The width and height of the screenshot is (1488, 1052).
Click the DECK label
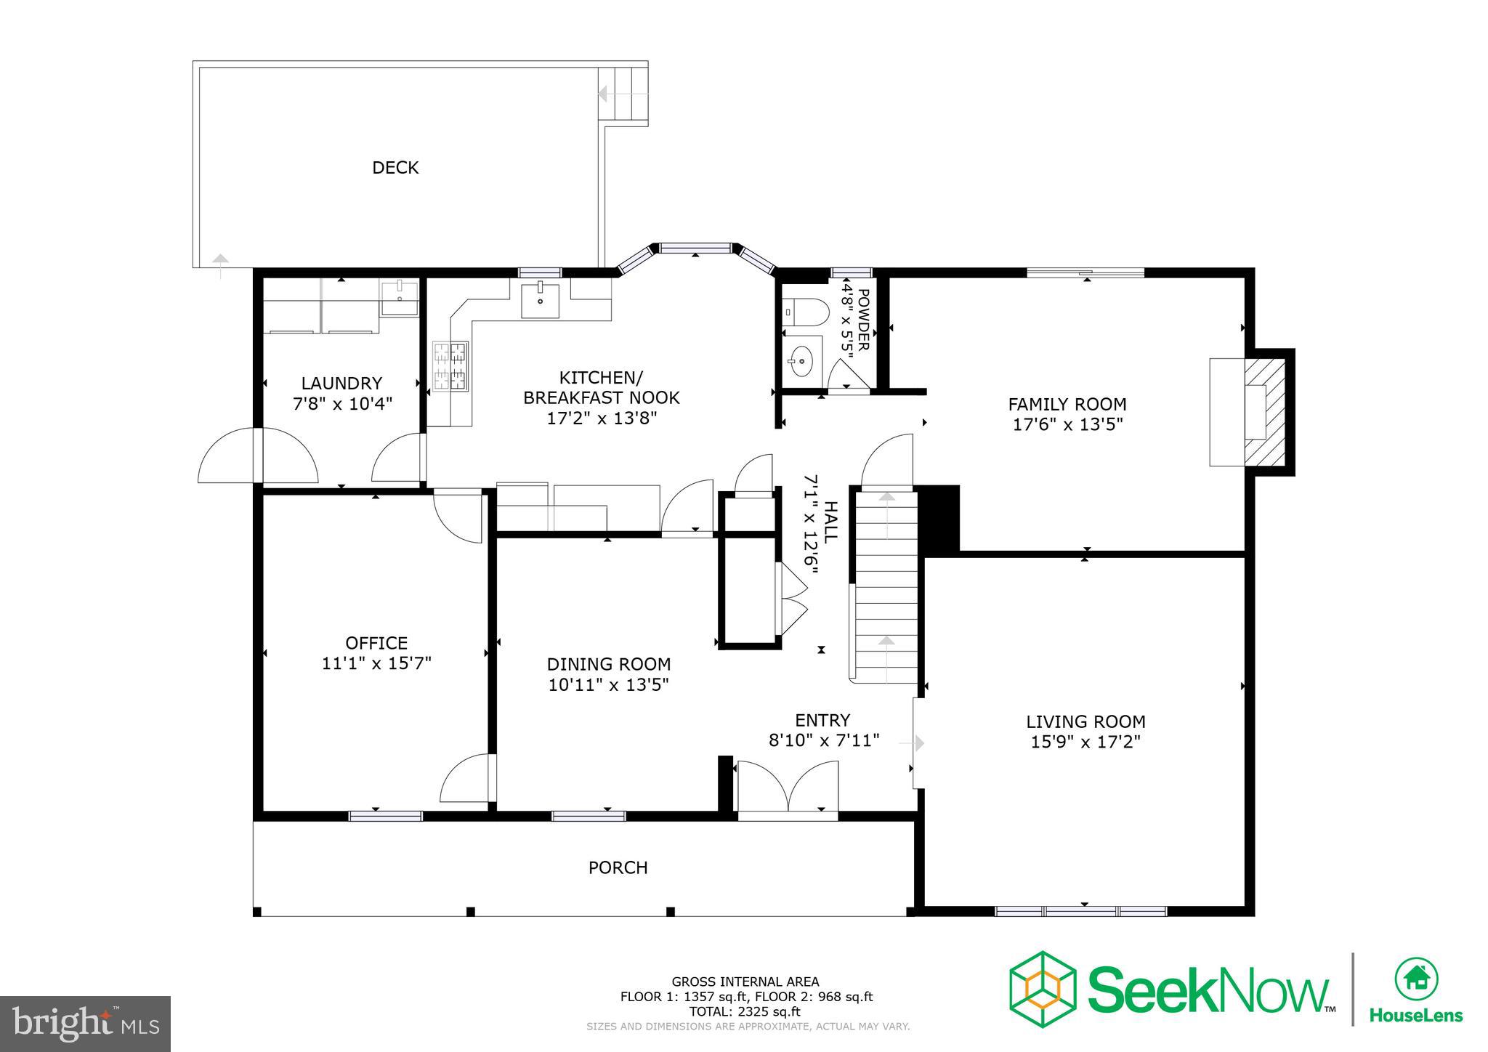[395, 168]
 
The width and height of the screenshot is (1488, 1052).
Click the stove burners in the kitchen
[450, 366]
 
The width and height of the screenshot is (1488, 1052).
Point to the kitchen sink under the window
[540, 301]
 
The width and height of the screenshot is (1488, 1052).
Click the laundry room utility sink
[399, 299]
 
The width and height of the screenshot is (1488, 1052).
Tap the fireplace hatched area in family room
[1265, 412]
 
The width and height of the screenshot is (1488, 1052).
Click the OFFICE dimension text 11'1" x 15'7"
[376, 663]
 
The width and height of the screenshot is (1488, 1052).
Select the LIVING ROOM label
[1085, 721]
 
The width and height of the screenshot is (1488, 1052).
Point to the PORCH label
[618, 867]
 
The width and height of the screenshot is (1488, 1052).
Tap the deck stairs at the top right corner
[623, 94]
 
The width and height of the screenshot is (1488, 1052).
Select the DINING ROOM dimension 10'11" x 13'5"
[608, 684]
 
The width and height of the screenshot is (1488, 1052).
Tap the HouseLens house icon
[1416, 979]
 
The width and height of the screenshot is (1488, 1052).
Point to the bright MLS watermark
[86, 1024]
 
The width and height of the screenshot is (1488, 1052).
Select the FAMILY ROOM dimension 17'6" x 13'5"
[1067, 424]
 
